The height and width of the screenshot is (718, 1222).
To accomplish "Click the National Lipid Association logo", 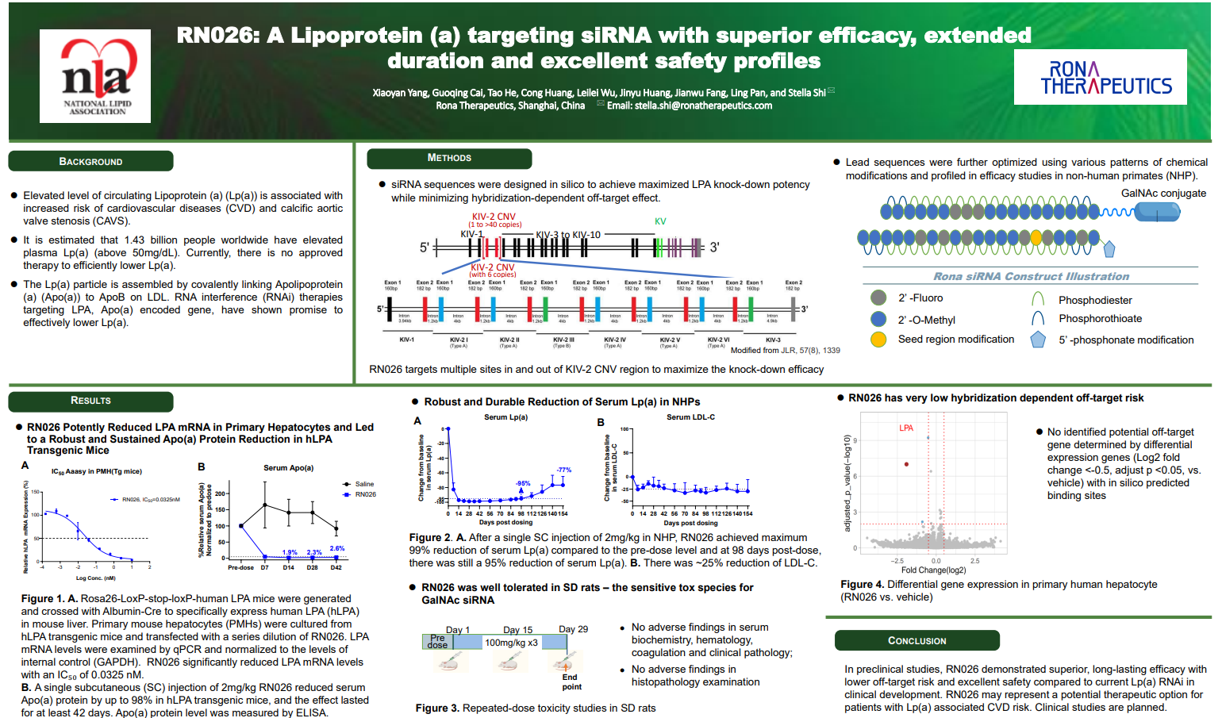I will [x=95, y=76].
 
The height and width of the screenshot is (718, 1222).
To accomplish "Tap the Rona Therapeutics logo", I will [x=1100, y=77].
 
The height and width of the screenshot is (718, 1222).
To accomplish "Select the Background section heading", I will [x=90, y=161].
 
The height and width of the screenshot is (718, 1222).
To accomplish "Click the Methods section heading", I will [x=449, y=158].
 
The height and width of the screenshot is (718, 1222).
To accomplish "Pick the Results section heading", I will [x=90, y=401].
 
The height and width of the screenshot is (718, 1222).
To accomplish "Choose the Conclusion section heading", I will [x=916, y=640].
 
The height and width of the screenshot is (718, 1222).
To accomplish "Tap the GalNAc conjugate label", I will [x=1162, y=193].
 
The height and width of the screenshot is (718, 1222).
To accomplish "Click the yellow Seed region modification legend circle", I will [x=878, y=340].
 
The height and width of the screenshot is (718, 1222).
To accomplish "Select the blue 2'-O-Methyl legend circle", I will [x=878, y=319].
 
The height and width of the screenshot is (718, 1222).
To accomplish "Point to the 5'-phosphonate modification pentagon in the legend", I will [x=1038, y=340].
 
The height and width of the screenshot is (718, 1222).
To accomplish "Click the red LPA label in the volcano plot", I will [x=906, y=428].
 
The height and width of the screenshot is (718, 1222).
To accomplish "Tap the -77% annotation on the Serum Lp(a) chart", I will [x=564, y=470].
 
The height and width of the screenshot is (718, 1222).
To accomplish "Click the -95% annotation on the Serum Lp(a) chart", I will [x=523, y=483].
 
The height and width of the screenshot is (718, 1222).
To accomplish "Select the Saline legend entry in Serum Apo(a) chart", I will [x=363, y=484].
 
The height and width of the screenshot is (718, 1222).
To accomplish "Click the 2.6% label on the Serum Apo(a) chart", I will [x=337, y=548].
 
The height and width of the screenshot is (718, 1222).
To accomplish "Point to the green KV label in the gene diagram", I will [x=660, y=221].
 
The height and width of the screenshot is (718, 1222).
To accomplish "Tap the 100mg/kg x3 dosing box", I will [x=511, y=643].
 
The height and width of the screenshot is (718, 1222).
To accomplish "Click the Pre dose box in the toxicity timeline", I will [x=437, y=641].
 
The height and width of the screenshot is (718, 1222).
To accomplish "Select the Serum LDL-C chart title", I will [x=690, y=417].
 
